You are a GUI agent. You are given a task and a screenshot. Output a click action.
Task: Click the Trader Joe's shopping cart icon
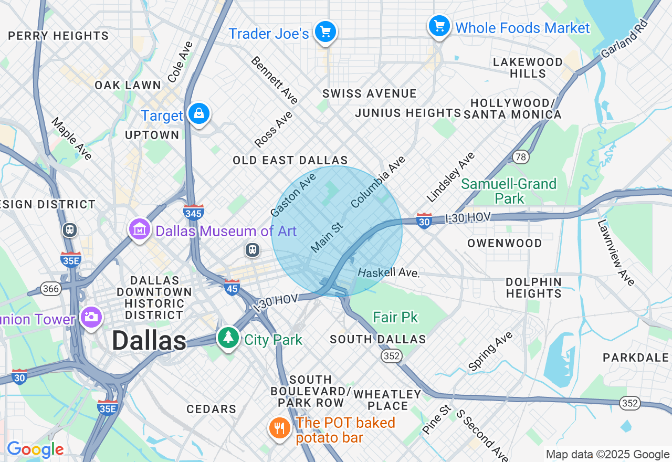pos(325,33)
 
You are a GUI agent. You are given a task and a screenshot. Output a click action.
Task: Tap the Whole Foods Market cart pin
pos(439,25)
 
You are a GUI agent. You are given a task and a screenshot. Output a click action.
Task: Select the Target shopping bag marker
pos(199,113)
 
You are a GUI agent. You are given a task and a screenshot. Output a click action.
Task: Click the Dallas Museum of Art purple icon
pos(140,229)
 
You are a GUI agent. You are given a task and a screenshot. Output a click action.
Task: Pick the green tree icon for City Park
pos(228,337)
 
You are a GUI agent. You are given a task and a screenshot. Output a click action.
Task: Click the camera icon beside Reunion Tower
pos(91,317)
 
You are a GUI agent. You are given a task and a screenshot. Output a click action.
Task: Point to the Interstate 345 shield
pos(194,212)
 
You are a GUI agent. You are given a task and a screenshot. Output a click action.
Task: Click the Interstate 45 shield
pos(232,287)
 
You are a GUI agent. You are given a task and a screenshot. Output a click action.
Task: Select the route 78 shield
pos(521,157)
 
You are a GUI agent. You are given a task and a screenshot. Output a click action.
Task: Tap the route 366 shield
pos(51,289)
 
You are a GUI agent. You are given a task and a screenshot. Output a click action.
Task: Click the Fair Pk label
pos(395,317)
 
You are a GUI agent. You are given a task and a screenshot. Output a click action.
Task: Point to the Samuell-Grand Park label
pos(509,191)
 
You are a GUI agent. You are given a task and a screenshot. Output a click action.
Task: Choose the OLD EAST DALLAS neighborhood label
pos(290,160)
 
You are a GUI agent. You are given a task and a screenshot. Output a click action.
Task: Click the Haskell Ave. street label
pos(388,272)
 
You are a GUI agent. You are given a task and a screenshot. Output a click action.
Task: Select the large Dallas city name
pos(149,341)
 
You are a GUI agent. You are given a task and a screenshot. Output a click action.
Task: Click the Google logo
pos(35,450)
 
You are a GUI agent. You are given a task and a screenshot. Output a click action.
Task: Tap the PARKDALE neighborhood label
pos(636,358)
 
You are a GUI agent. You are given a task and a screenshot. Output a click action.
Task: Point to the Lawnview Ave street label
pos(616,253)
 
